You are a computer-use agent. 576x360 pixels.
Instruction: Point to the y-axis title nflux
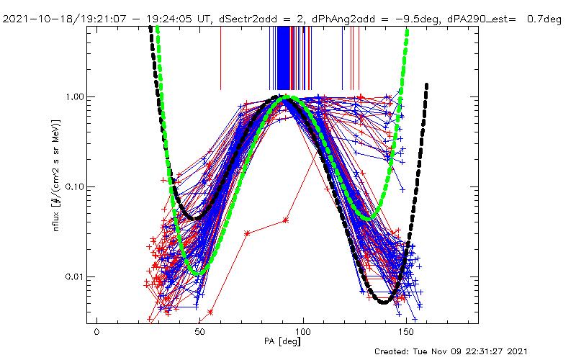52,216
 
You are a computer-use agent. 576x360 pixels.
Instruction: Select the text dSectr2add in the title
251,19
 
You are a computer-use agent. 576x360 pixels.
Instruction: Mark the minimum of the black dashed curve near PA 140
384,302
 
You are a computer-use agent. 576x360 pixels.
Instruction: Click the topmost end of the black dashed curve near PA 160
427,85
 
